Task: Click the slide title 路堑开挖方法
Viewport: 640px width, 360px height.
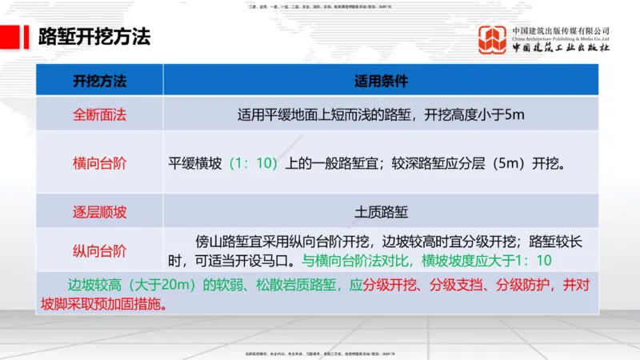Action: (x=94, y=38)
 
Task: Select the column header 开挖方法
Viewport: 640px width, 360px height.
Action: (x=99, y=81)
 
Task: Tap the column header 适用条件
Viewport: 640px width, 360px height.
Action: (x=381, y=81)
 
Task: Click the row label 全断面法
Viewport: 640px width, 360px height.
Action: (x=99, y=114)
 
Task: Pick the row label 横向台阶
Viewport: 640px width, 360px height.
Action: (x=99, y=163)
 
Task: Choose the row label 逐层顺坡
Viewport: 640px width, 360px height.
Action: (x=99, y=212)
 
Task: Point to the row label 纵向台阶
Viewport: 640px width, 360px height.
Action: (x=99, y=250)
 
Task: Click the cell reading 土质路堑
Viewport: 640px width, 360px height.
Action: (x=381, y=212)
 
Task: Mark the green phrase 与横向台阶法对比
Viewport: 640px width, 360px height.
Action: (x=356, y=261)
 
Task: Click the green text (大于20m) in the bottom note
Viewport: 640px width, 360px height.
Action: (x=162, y=285)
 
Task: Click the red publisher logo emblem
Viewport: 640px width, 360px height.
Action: (x=492, y=40)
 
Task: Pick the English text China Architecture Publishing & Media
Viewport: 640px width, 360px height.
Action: (x=561, y=38)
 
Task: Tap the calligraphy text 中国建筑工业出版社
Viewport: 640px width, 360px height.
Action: (x=561, y=49)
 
